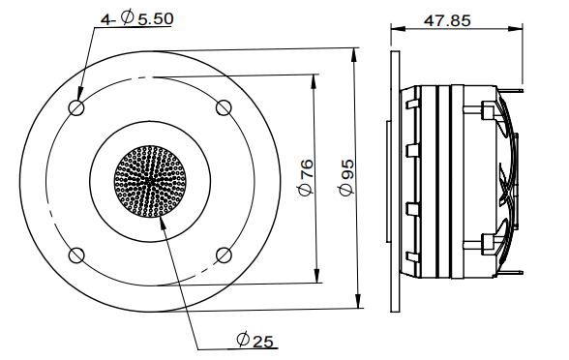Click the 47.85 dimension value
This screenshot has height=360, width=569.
[446, 20]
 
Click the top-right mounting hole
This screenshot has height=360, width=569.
[224, 107]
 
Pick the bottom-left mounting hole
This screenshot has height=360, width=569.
[75, 255]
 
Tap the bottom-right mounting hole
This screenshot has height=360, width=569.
[224, 255]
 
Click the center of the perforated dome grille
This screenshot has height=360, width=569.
[150, 180]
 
